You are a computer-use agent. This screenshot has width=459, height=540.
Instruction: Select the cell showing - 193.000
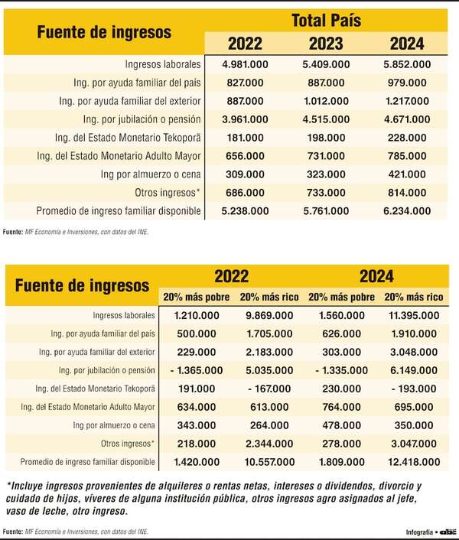pyautogui.click(x=412, y=389)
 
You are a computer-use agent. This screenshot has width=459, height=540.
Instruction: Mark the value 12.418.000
pyautogui.click(x=412, y=462)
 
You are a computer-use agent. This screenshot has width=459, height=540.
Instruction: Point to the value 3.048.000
pyautogui.click(x=412, y=352)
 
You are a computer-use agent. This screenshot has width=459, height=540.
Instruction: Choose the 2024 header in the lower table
pyautogui.click(x=375, y=276)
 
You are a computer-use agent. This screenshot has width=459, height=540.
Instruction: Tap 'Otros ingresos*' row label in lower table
pyautogui.click(x=129, y=444)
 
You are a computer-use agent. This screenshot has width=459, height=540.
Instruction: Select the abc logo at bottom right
pyautogui.click(x=446, y=531)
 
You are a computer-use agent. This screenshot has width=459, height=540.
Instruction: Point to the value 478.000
pyautogui.click(x=340, y=425)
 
